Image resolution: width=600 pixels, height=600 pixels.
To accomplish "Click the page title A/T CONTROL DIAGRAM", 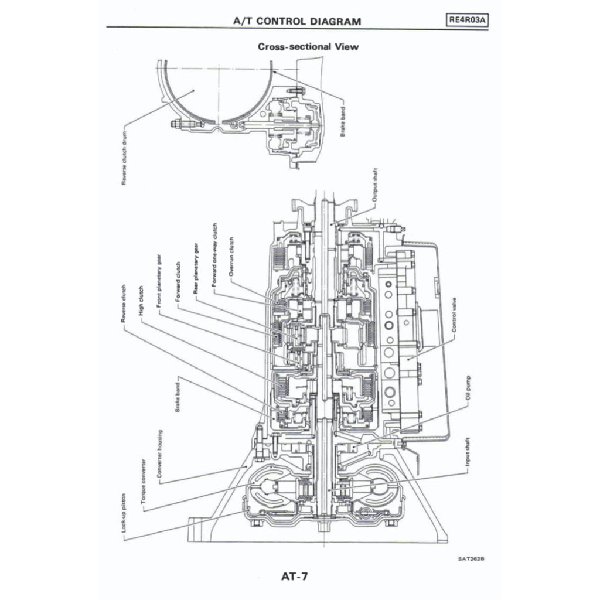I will pos(297,21).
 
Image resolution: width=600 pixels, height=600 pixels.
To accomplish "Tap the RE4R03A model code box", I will pos(467,19).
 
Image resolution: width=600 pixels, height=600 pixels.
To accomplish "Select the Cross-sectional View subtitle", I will pos(308,46).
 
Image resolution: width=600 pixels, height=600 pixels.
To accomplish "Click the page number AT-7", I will pos(294,576).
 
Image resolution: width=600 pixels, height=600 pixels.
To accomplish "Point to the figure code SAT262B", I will pos(471,558).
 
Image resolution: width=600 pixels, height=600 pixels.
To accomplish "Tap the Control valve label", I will pos(455,315).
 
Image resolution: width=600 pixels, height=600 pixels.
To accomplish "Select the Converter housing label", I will pos(160,455).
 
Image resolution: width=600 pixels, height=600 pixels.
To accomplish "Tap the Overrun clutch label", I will pos(231,256).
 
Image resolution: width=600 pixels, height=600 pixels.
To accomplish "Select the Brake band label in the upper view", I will pos(343,121).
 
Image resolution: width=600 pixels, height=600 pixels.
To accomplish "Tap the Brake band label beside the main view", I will pos(177,395).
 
